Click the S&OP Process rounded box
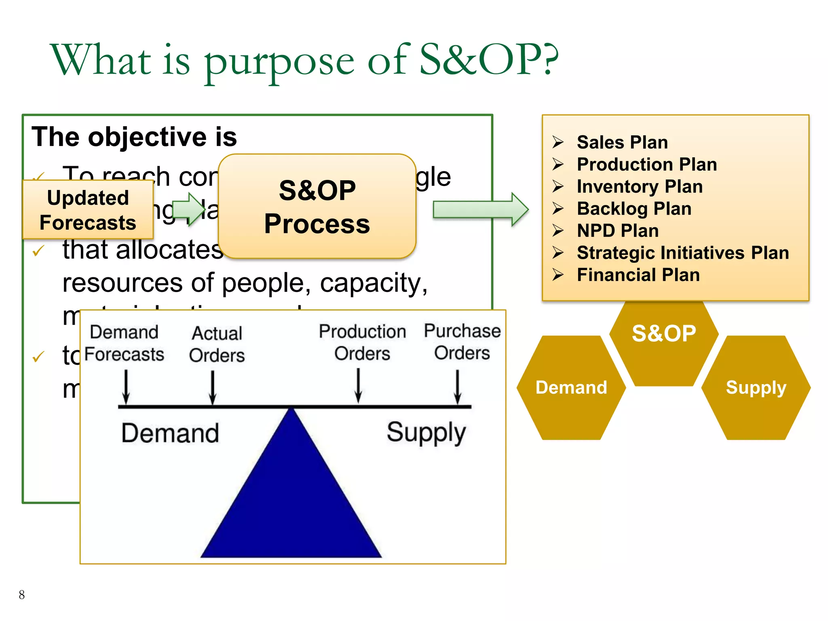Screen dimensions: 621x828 [x=317, y=206]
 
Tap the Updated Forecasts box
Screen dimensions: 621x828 [x=88, y=210]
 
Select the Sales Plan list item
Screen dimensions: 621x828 [x=622, y=142]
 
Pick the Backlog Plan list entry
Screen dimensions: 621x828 [x=634, y=209]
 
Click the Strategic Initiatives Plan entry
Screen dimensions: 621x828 [x=682, y=253]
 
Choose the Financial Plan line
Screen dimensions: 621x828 [x=638, y=275]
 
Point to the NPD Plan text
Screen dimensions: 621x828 [x=617, y=231]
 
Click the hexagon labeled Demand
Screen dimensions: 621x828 [x=571, y=387]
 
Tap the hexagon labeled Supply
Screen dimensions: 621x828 [x=756, y=387]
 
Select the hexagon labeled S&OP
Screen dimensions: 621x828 [x=663, y=340]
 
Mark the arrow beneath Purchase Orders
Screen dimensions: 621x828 [x=458, y=387]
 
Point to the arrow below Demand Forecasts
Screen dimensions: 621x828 [x=126, y=387]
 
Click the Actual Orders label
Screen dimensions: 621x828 [x=217, y=344]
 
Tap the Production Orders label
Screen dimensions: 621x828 [x=362, y=342]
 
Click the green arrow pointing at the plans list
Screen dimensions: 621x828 [x=480, y=209]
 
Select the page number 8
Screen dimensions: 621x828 [x=22, y=595]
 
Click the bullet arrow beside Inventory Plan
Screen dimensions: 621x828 [x=558, y=186]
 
